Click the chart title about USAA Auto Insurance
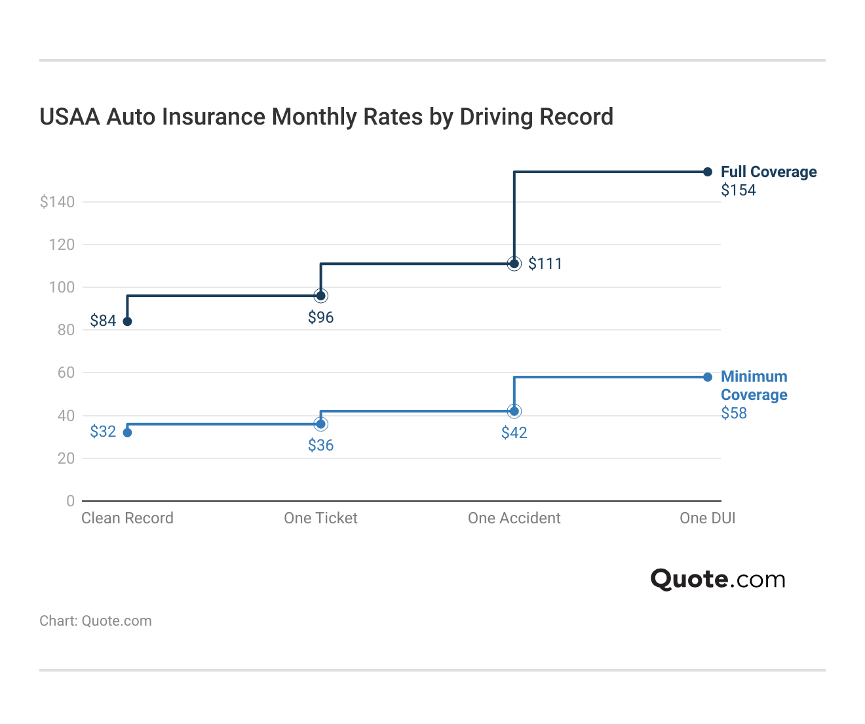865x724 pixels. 326,117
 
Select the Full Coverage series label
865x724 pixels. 769,172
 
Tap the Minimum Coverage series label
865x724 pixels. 754,386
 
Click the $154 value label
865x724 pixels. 739,190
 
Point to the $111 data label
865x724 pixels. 545,264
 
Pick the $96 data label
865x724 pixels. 320,317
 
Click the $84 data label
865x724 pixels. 103,321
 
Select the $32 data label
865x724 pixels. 103,432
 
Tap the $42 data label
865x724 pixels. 514,433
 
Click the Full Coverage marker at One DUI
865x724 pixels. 708,172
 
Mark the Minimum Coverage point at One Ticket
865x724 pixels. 320,424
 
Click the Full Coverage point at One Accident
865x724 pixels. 514,264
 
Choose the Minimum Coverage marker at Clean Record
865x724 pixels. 127,432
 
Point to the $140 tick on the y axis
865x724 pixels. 58,202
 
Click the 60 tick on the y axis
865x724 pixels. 66,372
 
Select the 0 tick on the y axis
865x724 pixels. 70,501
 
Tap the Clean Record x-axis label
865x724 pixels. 127,518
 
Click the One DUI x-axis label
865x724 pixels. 707,518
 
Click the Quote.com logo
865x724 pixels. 718,579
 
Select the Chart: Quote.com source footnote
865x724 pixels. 96,621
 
